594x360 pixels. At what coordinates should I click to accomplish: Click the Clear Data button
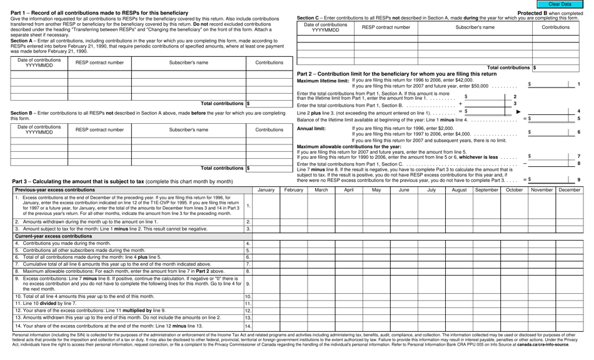coord(560,4)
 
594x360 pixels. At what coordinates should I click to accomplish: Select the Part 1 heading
coord(99,13)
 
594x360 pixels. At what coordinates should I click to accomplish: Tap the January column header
coord(266,189)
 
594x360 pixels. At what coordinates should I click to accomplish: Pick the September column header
coord(486,189)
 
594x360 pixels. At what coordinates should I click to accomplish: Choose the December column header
coord(569,189)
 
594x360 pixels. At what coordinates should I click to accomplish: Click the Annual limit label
coord(311,128)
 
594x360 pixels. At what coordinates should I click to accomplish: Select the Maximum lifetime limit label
coord(323,81)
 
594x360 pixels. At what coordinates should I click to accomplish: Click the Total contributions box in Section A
coord(269,104)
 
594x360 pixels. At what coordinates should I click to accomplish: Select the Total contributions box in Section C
coord(557,67)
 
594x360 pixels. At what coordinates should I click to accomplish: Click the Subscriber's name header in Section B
coord(188,130)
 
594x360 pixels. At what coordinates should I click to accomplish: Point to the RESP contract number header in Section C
coord(386,27)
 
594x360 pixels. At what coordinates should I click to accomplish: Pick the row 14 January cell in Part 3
coord(266,326)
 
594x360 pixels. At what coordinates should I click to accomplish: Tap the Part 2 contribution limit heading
coord(396,74)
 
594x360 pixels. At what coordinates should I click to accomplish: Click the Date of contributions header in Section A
coord(39,63)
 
